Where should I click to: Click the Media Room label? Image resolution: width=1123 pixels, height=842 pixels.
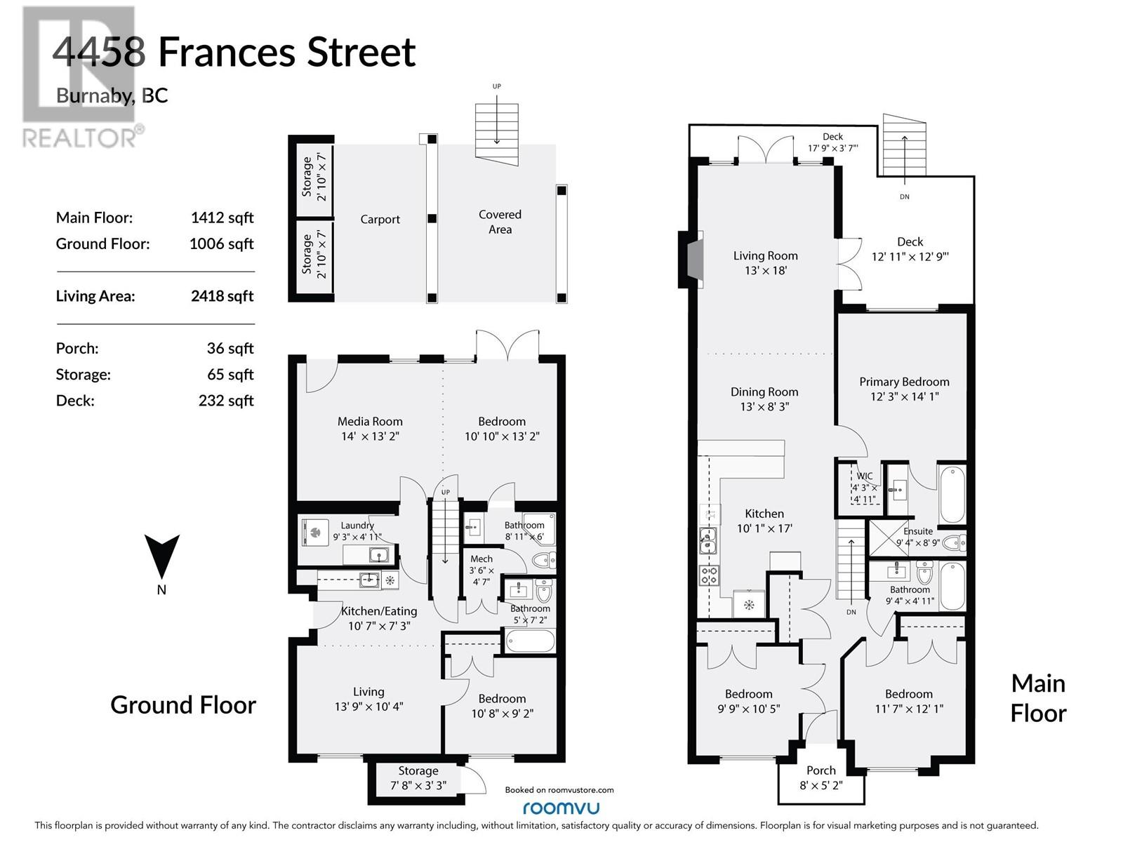point(370,422)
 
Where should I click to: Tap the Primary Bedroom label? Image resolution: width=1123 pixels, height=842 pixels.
point(904,382)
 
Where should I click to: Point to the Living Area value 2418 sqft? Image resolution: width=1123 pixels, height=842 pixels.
point(222,296)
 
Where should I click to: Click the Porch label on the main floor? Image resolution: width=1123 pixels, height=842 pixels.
point(820,770)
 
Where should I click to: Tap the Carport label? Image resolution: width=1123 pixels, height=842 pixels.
point(380,220)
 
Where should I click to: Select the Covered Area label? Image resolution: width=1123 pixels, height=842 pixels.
point(500,222)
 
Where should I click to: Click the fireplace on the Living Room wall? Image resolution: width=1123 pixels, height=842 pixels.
point(691,260)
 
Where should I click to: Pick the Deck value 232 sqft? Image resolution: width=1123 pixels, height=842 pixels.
point(225,401)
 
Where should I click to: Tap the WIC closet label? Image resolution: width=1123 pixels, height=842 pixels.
point(864,476)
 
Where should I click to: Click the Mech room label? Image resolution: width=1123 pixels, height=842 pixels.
point(481,559)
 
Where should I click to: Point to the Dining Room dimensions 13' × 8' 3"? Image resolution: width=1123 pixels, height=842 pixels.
point(764,407)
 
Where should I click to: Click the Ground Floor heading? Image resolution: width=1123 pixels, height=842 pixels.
point(183,704)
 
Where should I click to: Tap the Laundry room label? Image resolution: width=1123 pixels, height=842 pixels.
point(357,526)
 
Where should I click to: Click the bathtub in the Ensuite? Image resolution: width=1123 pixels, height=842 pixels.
point(952,495)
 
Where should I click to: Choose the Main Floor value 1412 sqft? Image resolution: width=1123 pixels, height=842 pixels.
point(222,218)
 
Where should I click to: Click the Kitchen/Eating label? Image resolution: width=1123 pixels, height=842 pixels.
point(379,611)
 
